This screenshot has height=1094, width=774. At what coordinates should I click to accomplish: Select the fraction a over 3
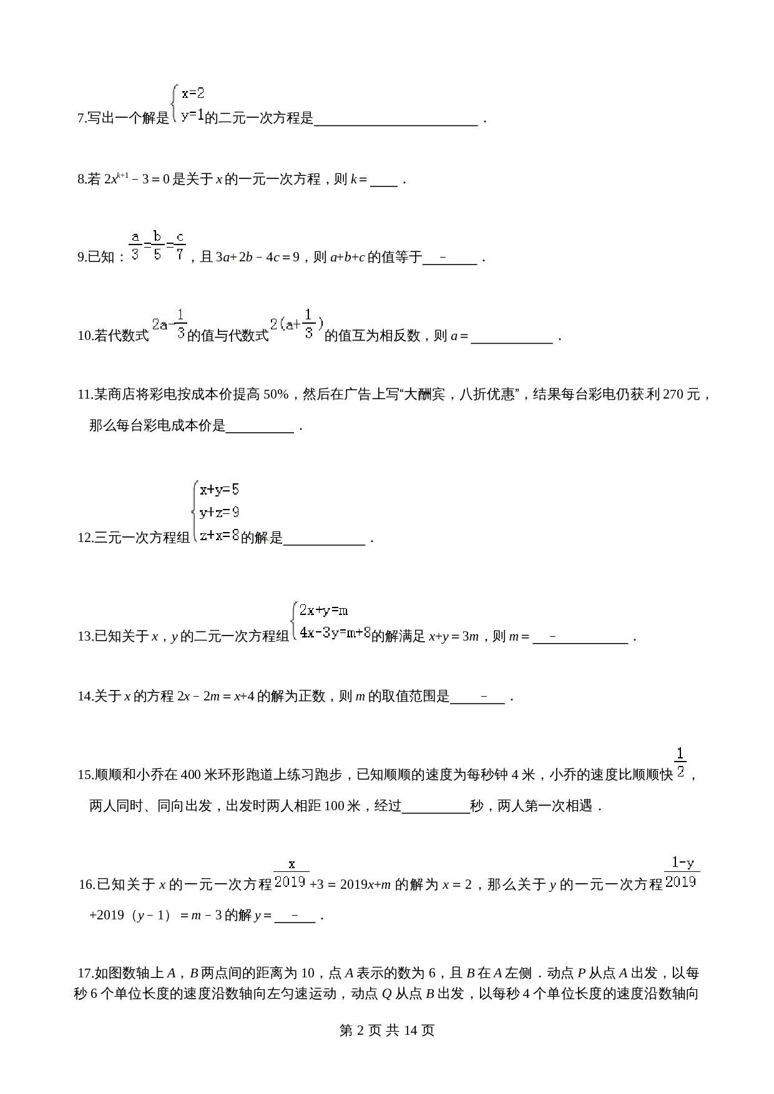pos(135,244)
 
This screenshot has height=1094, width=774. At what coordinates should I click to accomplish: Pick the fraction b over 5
pos(157,244)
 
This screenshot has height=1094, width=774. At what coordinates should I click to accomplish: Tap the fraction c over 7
pos(180,244)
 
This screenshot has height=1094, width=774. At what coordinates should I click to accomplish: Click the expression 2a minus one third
pos(169,323)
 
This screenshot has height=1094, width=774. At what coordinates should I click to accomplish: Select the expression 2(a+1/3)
pos(296,323)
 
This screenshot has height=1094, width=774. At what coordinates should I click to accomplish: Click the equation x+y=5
pos(219,490)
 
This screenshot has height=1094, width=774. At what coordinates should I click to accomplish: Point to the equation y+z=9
pos(219,512)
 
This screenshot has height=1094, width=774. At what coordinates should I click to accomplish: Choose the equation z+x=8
pos(219,535)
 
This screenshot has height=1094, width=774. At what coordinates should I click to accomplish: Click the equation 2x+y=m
pos(323,610)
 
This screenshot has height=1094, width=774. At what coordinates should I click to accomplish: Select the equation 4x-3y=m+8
pos(335,632)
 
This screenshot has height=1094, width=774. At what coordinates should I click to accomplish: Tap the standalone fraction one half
pos(680,762)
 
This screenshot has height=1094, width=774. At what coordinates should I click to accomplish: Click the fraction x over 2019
pos(291,872)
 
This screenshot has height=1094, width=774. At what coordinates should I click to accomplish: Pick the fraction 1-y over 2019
pos(682,871)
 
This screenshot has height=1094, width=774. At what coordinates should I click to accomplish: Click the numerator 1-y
pos(682,863)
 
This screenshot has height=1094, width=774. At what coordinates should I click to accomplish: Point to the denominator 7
pos(180,254)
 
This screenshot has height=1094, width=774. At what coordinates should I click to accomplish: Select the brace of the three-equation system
pos(195,511)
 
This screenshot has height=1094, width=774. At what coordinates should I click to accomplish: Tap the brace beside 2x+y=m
pos(294,621)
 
